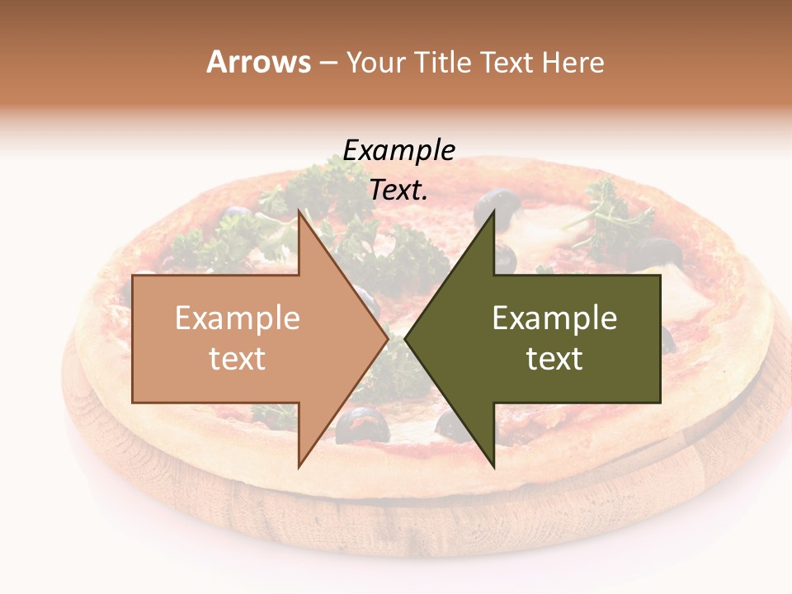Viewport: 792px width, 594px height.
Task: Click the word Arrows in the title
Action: (258, 62)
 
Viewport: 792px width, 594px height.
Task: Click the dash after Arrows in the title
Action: (328, 64)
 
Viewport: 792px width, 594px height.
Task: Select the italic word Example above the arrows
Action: (399, 151)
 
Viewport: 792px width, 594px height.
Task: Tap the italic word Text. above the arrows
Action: (399, 191)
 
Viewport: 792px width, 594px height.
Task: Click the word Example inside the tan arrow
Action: (238, 318)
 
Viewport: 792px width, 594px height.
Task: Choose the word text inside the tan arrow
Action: (238, 359)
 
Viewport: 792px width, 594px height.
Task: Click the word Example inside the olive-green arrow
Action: (554, 318)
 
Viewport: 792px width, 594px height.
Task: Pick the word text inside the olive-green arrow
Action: (554, 359)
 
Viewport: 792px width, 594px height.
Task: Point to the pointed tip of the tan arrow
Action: (387, 339)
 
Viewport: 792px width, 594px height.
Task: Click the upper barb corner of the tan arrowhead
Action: (299, 213)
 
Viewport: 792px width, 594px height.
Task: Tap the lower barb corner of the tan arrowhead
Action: (299, 466)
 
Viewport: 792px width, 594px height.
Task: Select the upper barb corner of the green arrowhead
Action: (493, 213)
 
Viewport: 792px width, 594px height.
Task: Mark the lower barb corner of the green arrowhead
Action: (493, 466)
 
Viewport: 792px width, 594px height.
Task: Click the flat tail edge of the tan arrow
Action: (134, 339)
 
